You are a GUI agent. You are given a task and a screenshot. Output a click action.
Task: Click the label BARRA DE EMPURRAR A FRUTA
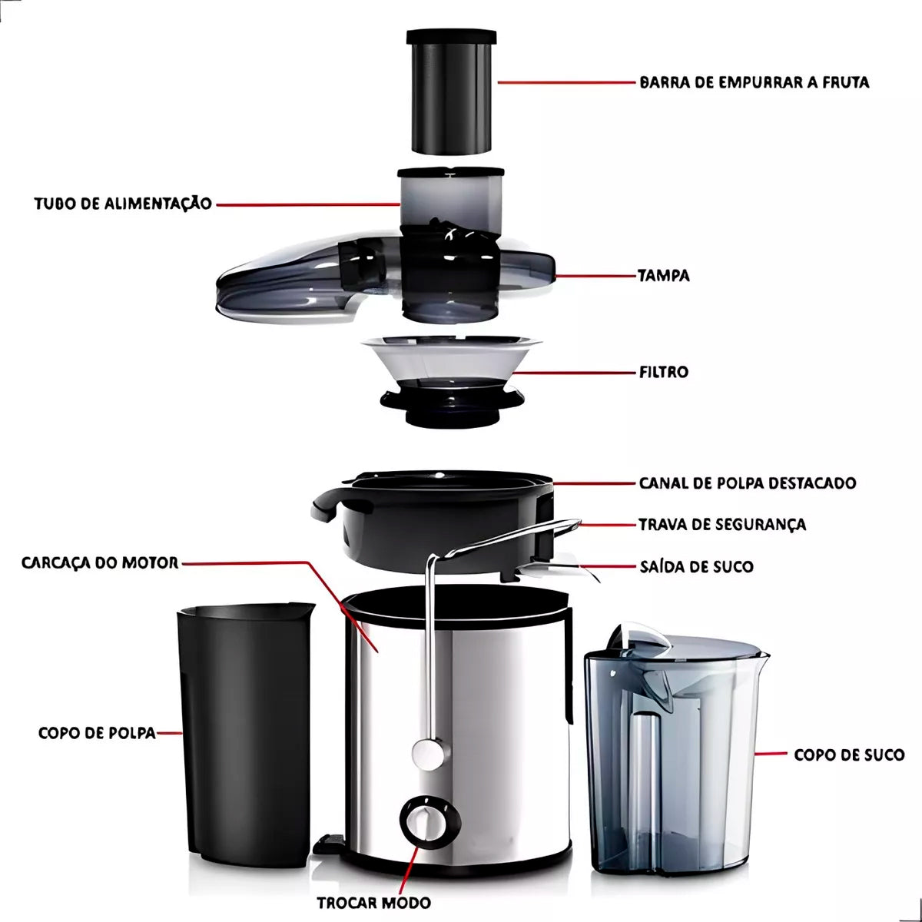(x=754, y=82)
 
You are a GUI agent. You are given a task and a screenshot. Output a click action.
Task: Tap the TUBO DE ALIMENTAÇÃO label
(x=123, y=204)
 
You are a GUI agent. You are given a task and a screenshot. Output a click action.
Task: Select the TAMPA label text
(x=664, y=276)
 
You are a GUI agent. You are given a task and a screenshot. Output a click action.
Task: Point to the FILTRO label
(x=663, y=372)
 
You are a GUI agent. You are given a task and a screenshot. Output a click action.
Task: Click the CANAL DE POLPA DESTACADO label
(x=748, y=483)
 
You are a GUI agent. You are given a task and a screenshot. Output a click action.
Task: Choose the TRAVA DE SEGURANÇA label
(x=722, y=525)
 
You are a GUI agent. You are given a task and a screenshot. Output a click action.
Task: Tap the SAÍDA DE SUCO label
(x=697, y=566)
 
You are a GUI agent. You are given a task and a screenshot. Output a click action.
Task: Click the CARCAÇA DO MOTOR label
(x=100, y=562)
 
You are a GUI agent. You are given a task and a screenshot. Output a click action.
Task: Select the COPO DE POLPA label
(x=97, y=733)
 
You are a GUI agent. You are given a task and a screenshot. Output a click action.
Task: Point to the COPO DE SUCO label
(x=849, y=755)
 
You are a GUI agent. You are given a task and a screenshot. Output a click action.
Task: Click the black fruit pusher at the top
(x=451, y=92)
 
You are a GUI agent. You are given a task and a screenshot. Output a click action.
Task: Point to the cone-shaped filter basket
(x=451, y=380)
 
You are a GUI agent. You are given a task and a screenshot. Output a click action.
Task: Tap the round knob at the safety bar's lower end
(x=428, y=755)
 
